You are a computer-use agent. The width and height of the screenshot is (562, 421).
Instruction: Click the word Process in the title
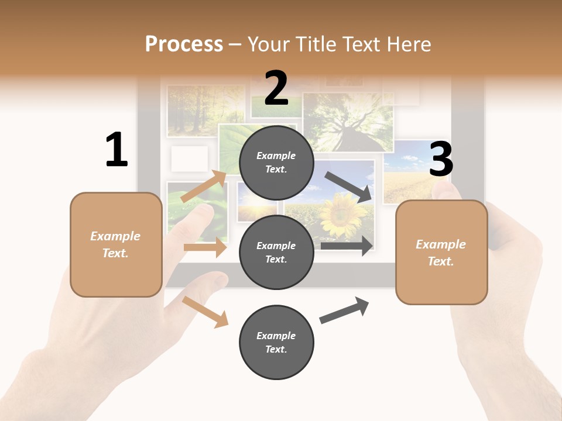pyautogui.click(x=184, y=44)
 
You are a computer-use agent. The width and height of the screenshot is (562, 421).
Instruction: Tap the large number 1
pyautogui.click(x=116, y=150)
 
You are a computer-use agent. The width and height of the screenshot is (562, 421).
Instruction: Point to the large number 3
pyautogui.click(x=441, y=160)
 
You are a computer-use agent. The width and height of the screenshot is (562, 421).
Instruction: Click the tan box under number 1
pyautogui.click(x=116, y=244)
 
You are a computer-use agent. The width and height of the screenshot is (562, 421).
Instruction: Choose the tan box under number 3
pyautogui.click(x=441, y=252)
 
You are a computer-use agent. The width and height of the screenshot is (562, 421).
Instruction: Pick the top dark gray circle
pyautogui.click(x=276, y=163)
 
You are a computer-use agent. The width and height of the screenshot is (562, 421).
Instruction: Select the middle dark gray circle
pyautogui.click(x=276, y=252)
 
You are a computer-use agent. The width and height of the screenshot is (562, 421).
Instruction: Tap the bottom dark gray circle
pyautogui.click(x=276, y=342)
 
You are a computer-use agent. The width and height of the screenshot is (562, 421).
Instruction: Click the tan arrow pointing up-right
pyautogui.click(x=204, y=187)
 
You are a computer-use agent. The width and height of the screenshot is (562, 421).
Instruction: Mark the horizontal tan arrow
pyautogui.click(x=205, y=248)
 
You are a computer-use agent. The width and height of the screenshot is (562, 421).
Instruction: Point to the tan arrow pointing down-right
pyautogui.click(x=205, y=312)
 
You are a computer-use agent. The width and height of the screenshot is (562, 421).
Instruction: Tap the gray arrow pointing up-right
pyautogui.click(x=344, y=310)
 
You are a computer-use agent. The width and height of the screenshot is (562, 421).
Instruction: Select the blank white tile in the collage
pyautogui.click(x=189, y=158)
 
